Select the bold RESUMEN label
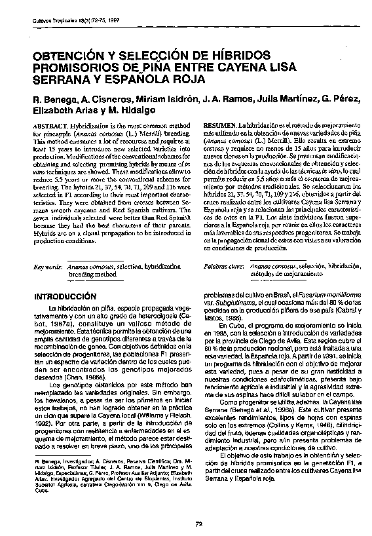[220, 124]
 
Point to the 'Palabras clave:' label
[224, 267]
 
